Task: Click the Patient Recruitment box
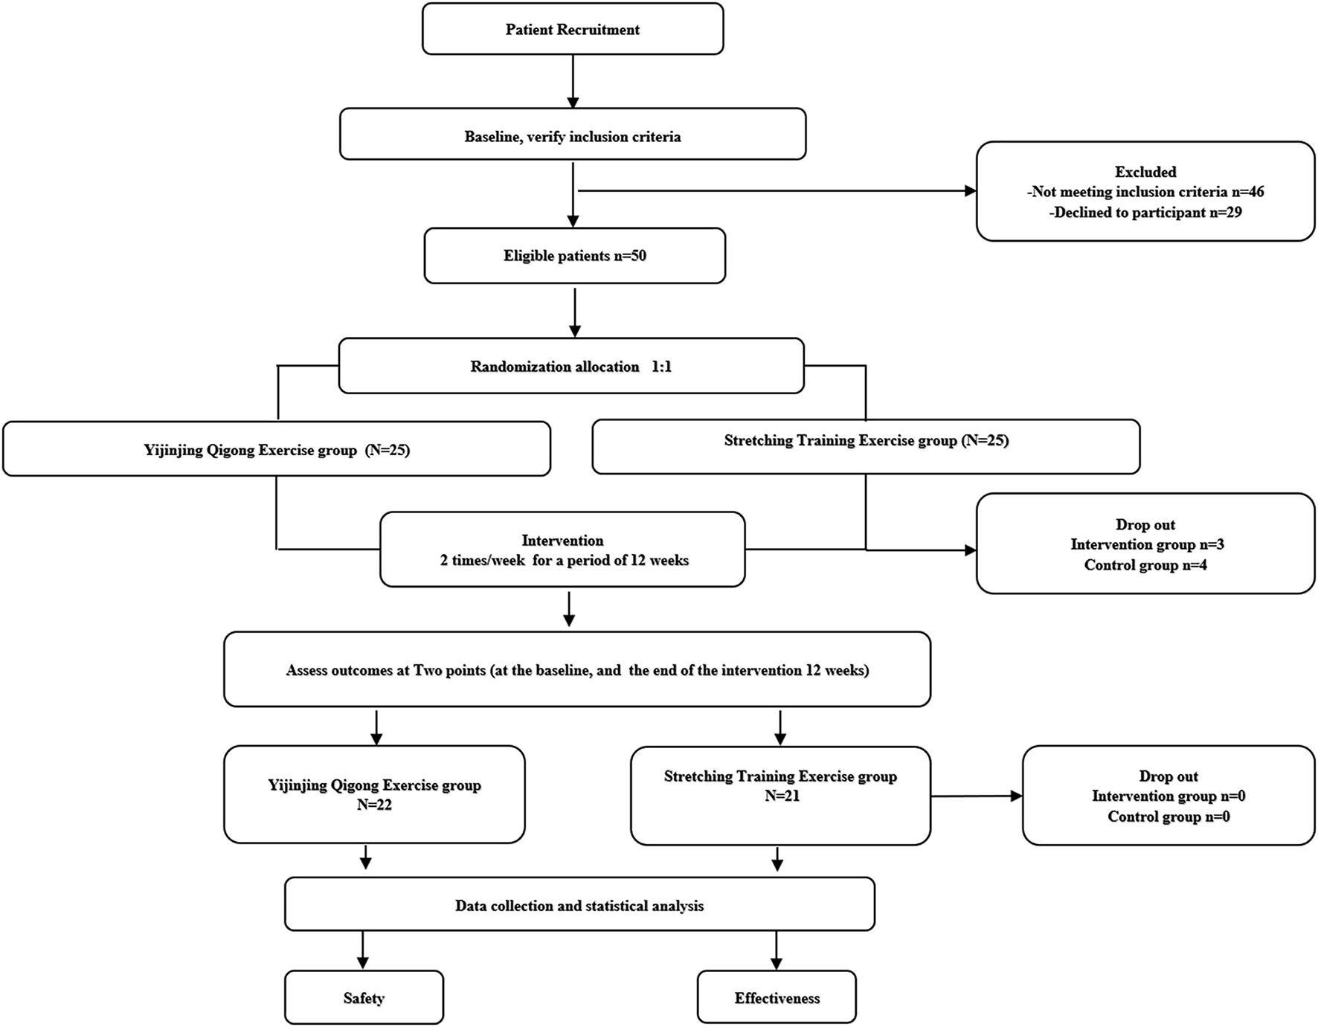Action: click(573, 30)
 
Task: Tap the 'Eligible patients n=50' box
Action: click(574, 256)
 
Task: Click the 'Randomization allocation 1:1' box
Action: click(570, 366)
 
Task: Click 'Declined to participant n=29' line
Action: click(1145, 213)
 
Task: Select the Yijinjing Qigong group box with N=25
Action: click(277, 449)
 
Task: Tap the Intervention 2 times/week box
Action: click(562, 550)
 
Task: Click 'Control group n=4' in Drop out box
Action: click(1145, 565)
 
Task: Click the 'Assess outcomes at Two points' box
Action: click(577, 669)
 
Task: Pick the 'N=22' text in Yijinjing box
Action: click(374, 805)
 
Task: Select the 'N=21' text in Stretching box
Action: click(780, 796)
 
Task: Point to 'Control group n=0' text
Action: click(1168, 817)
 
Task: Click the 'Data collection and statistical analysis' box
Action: click(579, 904)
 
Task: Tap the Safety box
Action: click(364, 997)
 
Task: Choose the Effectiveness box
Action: click(777, 997)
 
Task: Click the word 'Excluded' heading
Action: click(1145, 172)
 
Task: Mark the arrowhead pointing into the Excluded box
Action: click(970, 191)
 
